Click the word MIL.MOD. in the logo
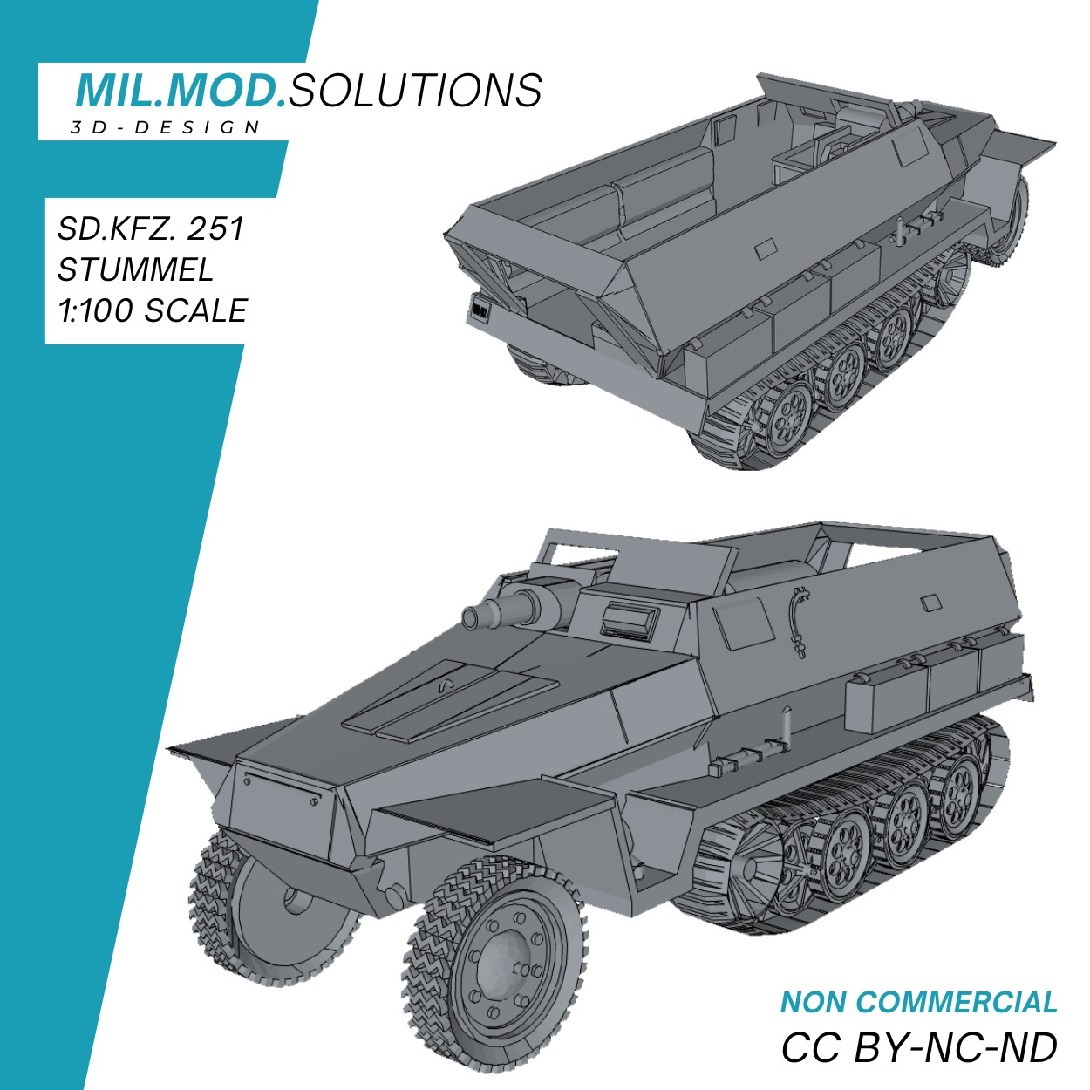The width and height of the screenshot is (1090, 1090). tap(181, 91)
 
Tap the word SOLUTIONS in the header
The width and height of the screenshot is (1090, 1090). tap(415, 91)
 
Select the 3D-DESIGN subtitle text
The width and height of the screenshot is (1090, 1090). tap(166, 128)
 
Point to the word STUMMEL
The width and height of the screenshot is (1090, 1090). tap(135, 269)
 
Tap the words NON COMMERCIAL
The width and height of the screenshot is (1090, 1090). tap(918, 1003)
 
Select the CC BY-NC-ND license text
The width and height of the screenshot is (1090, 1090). tap(918, 1047)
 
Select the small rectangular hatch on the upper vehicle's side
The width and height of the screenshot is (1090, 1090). tap(765, 250)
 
